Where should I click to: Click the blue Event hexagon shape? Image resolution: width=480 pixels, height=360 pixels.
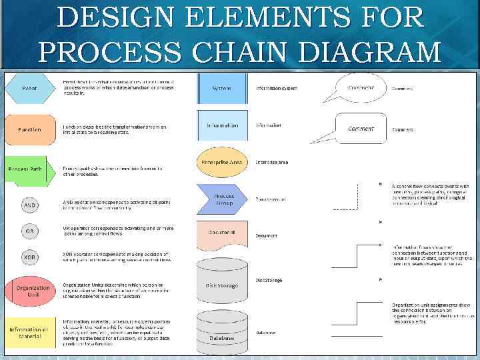coord(30,88)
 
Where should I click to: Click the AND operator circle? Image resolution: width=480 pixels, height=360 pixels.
coord(30,205)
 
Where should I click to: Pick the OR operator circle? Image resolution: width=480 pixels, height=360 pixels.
coord(30,231)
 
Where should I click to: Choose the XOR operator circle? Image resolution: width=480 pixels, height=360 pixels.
coord(30,257)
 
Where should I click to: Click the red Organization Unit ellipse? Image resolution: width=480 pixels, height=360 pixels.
coord(30,291)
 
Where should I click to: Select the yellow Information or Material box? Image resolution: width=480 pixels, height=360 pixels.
coord(30,332)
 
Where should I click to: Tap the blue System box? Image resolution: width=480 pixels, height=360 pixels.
coord(222,87)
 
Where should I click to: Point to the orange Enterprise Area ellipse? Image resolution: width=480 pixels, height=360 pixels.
coord(222,162)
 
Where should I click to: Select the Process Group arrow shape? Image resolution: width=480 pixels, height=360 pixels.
coord(222,199)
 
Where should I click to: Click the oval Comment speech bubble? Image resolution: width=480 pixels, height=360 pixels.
coord(359,87)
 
